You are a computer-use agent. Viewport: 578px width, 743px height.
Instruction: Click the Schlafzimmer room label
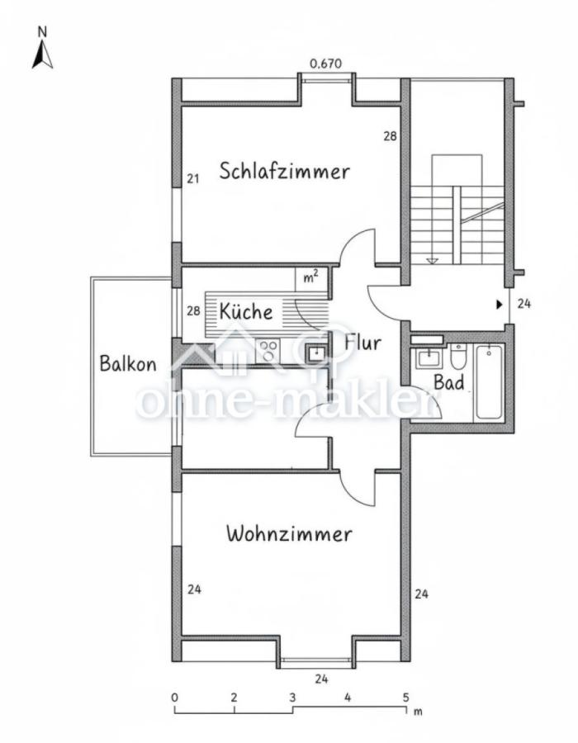click(284, 171)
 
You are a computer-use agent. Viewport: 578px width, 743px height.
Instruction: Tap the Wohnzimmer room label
click(289, 534)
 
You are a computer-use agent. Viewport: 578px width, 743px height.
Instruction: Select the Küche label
click(246, 311)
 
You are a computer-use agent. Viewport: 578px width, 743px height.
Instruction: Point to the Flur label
click(363, 343)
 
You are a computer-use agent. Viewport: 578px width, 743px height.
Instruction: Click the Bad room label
click(449, 382)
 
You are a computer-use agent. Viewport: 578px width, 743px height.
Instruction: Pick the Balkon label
click(128, 363)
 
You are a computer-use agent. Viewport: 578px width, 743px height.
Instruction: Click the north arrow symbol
click(43, 55)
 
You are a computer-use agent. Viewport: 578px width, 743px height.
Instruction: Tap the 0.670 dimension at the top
click(325, 64)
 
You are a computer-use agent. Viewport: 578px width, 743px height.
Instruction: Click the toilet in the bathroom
click(458, 357)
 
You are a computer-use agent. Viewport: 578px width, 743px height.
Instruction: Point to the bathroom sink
click(429, 358)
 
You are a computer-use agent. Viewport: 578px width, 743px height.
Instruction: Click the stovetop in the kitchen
click(268, 352)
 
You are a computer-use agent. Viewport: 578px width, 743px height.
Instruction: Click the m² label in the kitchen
click(310, 277)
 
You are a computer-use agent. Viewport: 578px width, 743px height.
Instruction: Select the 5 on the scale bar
click(406, 698)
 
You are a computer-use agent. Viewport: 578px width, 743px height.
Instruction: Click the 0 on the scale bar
click(175, 698)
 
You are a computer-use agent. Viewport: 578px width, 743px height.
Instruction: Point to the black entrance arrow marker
click(499, 304)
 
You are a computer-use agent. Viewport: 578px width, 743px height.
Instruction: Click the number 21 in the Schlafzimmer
click(193, 179)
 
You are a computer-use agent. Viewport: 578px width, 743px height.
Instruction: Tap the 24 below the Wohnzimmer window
click(321, 679)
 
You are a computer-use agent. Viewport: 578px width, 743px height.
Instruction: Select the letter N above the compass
click(43, 32)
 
